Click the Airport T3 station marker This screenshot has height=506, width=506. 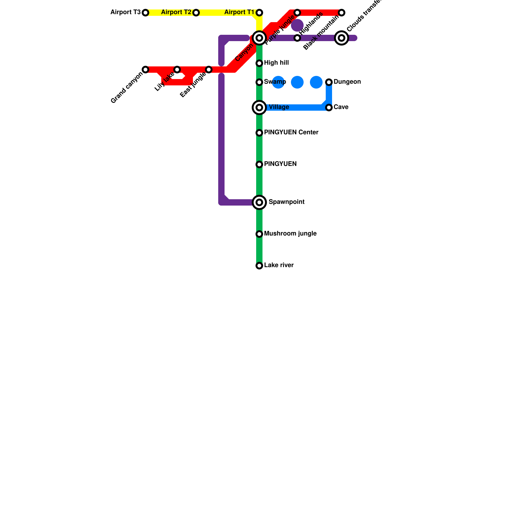tap(145, 13)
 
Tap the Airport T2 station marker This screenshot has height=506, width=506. tap(196, 13)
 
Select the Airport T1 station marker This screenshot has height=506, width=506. tap(259, 13)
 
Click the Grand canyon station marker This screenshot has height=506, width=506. tap(145, 70)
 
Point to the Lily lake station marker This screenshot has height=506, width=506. tap(177, 70)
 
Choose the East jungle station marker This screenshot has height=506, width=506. tap(209, 70)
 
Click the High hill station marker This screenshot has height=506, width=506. tap(259, 63)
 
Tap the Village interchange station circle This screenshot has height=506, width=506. tap(259, 108)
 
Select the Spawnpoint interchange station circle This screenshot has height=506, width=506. tap(259, 202)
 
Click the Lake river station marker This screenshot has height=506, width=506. tap(259, 266)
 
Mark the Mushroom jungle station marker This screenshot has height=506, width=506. tap(259, 234)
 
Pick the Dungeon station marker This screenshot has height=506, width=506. tap(329, 82)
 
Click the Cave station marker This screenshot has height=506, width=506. tap(329, 108)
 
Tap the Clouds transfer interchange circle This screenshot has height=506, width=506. tap(342, 38)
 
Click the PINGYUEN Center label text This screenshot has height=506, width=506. tap(291, 133)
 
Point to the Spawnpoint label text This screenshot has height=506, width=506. tap(287, 202)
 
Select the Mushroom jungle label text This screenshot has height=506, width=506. tap(290, 234)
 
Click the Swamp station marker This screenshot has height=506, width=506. tap(259, 82)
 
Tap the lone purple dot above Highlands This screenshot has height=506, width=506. tap(297, 25)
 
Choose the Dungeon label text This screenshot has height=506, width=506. tap(347, 82)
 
